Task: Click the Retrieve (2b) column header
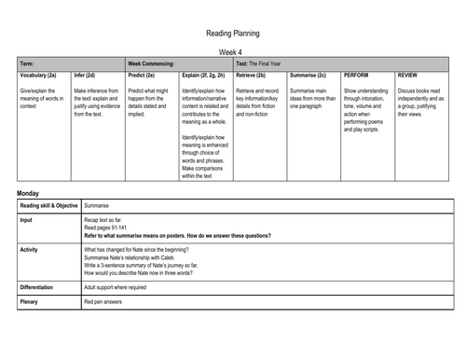(x=258, y=73)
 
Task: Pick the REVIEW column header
(x=408, y=73)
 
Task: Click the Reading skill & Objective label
(x=49, y=204)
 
